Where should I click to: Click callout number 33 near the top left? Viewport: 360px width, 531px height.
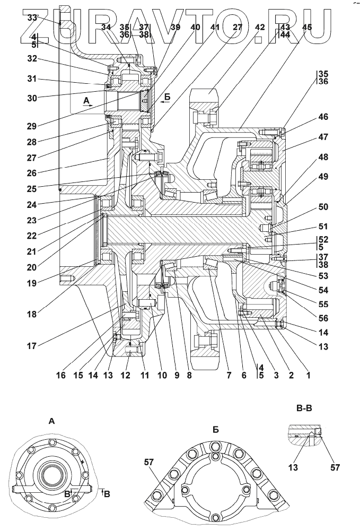pyautogui.click(x=33, y=18)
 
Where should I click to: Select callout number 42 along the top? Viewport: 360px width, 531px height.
pyautogui.click(x=259, y=27)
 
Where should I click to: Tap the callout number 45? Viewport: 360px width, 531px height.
pyautogui.click(x=306, y=27)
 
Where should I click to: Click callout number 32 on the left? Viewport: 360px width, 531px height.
pyautogui.click(x=33, y=59)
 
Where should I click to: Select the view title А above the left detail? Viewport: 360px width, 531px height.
pyautogui.click(x=51, y=422)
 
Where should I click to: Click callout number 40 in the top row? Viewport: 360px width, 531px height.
pyautogui.click(x=196, y=27)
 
